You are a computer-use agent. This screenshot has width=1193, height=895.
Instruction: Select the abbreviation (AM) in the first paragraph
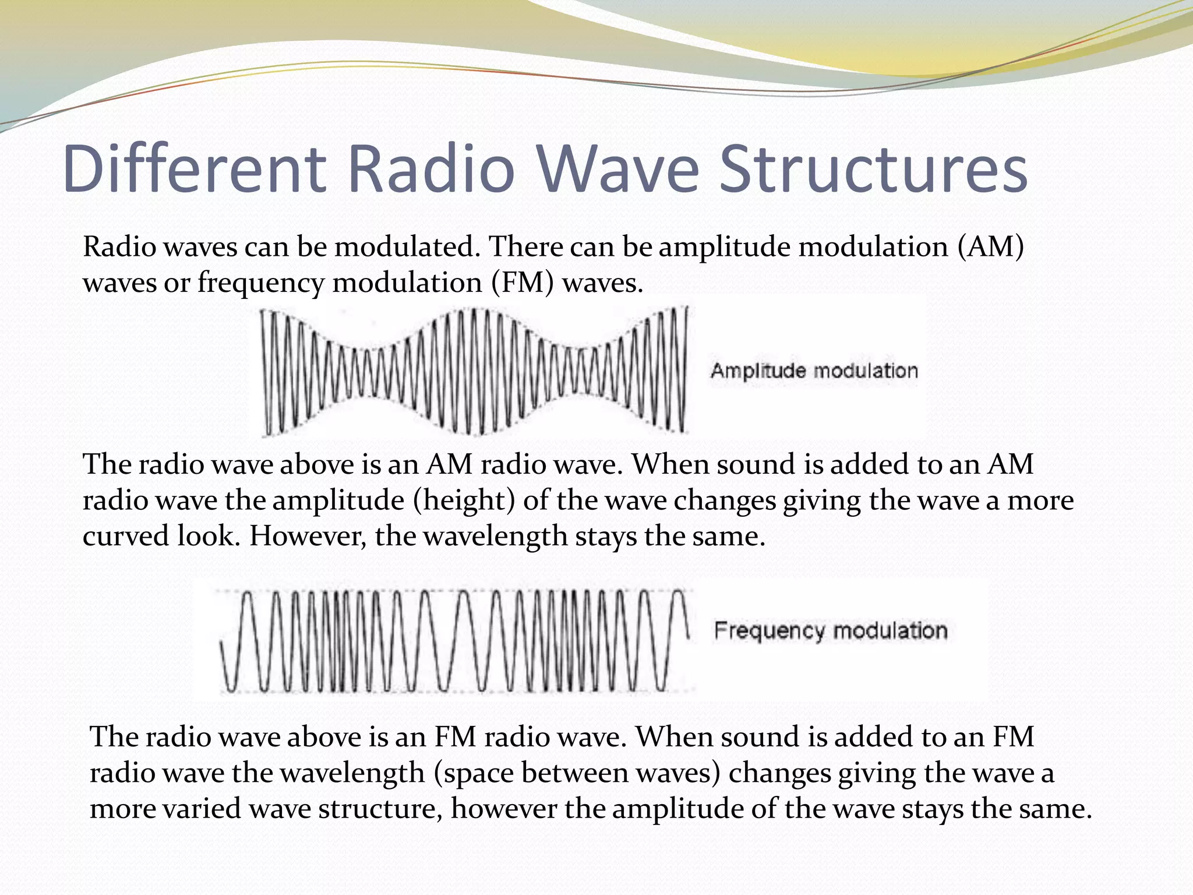click(990, 247)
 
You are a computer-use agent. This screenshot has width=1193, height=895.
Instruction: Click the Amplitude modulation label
click(814, 371)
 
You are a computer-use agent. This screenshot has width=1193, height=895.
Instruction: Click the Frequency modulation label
click(831, 631)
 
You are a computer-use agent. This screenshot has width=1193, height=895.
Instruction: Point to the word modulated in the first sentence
click(407, 247)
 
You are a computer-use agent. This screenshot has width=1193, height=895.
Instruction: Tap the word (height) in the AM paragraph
click(464, 501)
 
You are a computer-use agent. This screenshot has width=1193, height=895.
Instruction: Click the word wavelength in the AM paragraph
click(495, 536)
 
